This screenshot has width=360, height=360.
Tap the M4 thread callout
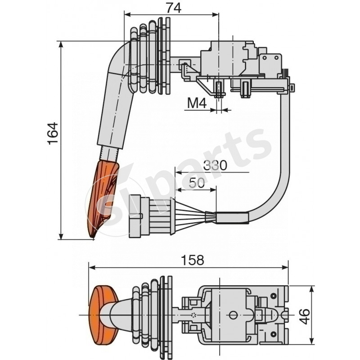[196, 104]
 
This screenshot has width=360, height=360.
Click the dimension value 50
[197, 183]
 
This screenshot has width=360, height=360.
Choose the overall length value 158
[189, 260]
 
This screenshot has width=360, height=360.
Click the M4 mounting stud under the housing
[219, 90]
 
